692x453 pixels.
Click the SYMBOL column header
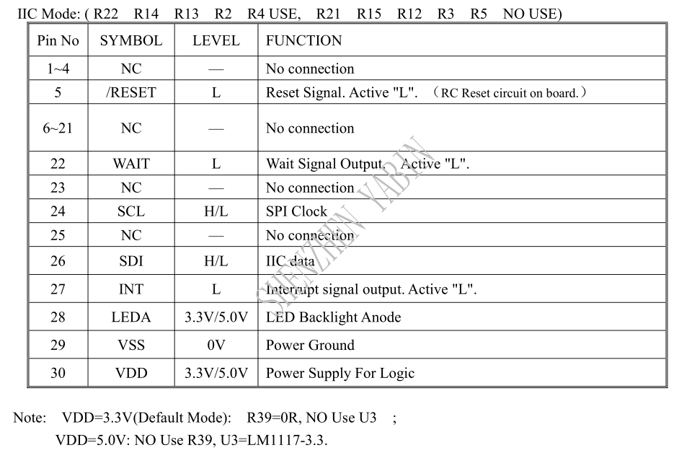tap(131, 40)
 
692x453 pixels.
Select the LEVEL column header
tap(216, 40)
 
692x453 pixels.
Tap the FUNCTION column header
tap(303, 40)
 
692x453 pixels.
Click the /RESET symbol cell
tap(131, 92)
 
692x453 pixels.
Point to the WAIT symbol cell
tap(131, 164)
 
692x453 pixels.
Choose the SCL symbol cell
tap(131, 211)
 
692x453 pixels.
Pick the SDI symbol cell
tap(131, 261)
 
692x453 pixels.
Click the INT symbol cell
tap(131, 289)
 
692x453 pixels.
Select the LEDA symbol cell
tap(131, 317)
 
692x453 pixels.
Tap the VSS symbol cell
tap(131, 345)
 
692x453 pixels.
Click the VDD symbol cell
tap(131, 373)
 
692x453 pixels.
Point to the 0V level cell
tap(216, 345)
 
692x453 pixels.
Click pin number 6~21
tap(58, 128)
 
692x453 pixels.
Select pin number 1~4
tap(58, 69)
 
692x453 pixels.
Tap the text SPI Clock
tap(296, 211)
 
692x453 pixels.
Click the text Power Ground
tap(310, 345)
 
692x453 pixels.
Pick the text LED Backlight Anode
tap(333, 317)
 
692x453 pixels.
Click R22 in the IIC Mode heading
tap(106, 14)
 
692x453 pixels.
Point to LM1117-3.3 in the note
tap(292, 440)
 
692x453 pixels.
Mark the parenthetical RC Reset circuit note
tap(510, 93)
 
